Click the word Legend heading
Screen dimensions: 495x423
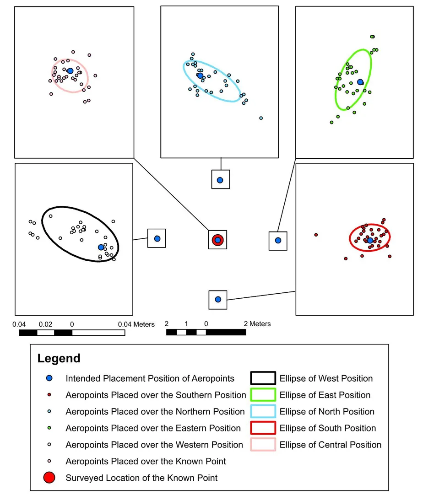59,358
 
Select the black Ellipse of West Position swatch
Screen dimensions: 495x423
262,378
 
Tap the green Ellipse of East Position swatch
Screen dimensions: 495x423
262,395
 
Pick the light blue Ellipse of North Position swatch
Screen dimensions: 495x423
262,411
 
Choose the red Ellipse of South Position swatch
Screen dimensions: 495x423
262,428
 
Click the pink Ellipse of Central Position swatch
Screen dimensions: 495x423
262,445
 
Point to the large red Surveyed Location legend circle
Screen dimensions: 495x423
50,478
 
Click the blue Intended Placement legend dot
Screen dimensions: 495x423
50,378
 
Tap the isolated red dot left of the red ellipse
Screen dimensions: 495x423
316,235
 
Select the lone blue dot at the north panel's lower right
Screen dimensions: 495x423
261,118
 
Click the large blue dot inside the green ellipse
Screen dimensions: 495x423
360,82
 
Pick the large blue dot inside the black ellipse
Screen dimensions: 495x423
101,247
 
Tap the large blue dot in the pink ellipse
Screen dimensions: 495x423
70,71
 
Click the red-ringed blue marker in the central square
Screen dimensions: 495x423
218,240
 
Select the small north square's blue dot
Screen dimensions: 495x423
220,180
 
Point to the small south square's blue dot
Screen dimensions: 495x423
218,299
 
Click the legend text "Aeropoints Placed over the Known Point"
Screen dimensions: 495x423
146,461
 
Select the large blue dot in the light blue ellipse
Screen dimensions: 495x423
200,75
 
